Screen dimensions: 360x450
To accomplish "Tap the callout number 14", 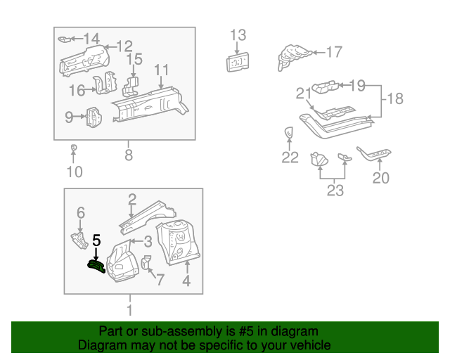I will pos(92,38).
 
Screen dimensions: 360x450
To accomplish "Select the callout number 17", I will pos(333,51).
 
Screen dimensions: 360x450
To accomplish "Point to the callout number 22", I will pos(290,157).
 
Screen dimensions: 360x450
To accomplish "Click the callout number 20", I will pos(380,178).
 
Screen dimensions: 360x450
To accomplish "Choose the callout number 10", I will pos(75,172).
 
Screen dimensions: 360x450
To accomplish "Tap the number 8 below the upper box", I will pos(128,155).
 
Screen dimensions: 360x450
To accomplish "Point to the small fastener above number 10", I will pos(74,147).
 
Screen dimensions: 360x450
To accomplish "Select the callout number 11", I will pos(162,70).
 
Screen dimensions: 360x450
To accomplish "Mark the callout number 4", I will pos(186,282).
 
